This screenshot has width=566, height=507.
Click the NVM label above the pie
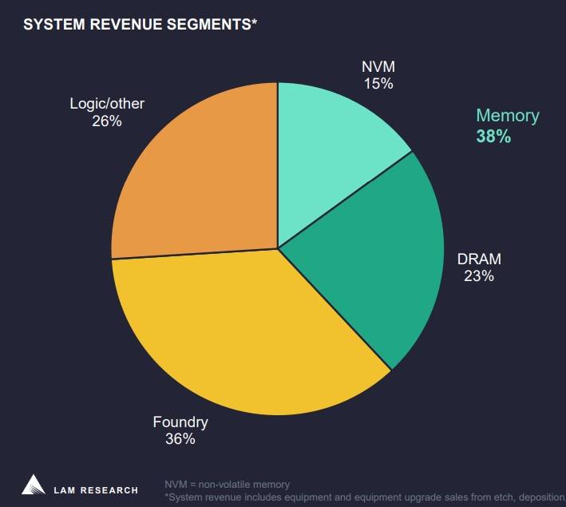pyautogui.click(x=378, y=66)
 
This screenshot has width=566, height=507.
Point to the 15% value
pyautogui.click(x=378, y=83)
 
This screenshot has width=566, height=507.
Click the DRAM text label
pyautogui.click(x=479, y=259)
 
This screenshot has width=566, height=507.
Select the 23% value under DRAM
pyautogui.click(x=479, y=276)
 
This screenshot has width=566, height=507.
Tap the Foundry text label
pyautogui.click(x=180, y=422)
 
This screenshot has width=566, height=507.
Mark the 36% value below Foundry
pyautogui.click(x=180, y=438)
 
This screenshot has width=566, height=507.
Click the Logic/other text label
pyautogui.click(x=107, y=104)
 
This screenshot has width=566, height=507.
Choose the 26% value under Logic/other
pyautogui.click(x=107, y=121)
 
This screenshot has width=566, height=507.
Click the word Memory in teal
pyautogui.click(x=508, y=116)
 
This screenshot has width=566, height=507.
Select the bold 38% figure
pyautogui.click(x=493, y=137)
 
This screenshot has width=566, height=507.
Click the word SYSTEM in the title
pyautogui.click(x=53, y=25)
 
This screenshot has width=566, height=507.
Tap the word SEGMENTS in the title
pyautogui.click(x=212, y=25)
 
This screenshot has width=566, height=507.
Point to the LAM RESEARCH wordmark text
pyautogui.click(x=96, y=489)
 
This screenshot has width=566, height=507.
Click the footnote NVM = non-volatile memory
pyautogui.click(x=228, y=485)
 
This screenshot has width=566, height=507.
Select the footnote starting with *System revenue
pyautogui.click(x=364, y=497)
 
